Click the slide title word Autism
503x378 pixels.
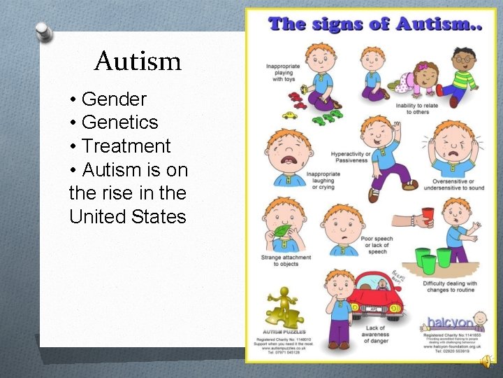[x=138, y=62]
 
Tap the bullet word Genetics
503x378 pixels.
[x=120, y=122]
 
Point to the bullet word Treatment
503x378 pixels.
[x=126, y=146]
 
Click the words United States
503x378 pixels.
[x=128, y=216]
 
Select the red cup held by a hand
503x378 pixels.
[x=428, y=215]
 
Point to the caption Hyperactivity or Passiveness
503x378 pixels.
[x=351, y=156]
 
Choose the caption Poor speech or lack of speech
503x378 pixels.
[x=377, y=245]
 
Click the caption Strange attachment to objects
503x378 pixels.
[x=280, y=260]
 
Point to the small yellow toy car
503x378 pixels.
[x=289, y=114]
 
